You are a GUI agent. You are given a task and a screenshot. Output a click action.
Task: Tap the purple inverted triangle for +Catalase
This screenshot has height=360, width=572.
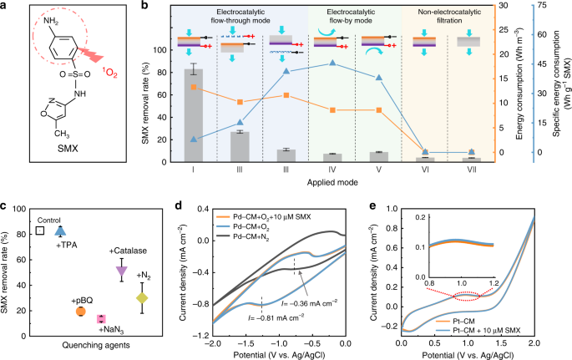(121, 271)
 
